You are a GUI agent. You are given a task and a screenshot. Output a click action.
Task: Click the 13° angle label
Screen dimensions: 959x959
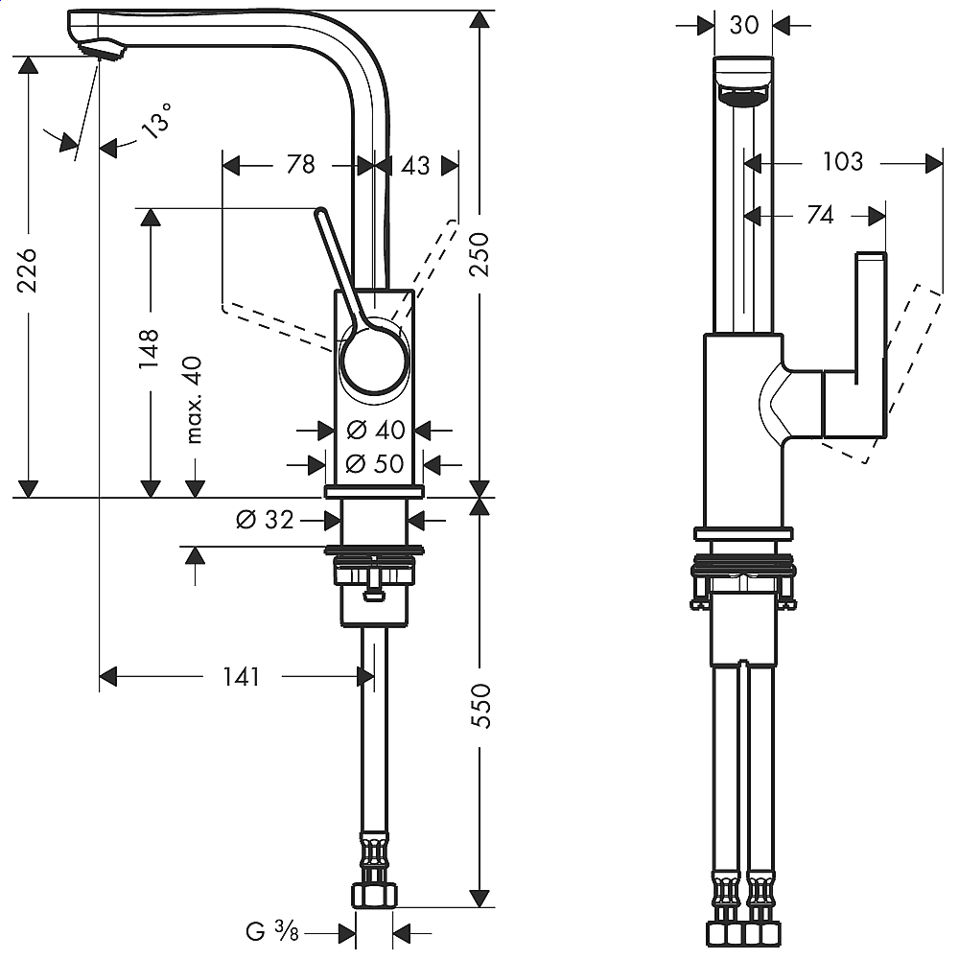pos(159,124)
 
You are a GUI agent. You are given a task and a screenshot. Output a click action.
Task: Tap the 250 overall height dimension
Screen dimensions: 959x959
pos(483,254)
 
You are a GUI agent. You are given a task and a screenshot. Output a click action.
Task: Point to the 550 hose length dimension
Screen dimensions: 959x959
pos(483,705)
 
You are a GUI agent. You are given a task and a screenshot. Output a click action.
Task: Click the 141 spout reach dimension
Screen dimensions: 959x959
pos(241,677)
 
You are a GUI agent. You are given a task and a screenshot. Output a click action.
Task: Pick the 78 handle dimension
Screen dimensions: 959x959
pos(300,165)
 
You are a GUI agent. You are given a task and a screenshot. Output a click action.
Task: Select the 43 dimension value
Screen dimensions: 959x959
pos(415,165)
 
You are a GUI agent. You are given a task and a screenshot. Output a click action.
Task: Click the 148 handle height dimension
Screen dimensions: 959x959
pos(149,350)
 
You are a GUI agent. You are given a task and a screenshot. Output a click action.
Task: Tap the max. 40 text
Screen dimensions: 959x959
pos(195,401)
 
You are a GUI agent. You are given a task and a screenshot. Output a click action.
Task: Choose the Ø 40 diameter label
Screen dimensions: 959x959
pos(375,430)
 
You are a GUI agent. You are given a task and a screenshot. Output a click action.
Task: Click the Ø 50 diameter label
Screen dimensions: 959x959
pos(375,464)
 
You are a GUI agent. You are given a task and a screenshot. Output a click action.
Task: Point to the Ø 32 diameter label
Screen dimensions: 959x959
pos(265,520)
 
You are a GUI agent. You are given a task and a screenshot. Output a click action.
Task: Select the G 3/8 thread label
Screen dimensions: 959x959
pos(272,930)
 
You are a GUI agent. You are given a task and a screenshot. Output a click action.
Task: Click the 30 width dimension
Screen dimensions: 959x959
pos(744,25)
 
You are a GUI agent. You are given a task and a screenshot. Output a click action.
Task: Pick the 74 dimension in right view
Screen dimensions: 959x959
pos(820,216)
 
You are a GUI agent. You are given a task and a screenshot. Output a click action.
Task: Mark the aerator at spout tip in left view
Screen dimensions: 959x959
pos(101,49)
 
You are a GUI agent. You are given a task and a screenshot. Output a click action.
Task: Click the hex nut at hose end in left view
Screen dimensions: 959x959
pos(373,896)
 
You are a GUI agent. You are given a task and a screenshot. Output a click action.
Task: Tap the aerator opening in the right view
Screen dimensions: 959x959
pos(744,95)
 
